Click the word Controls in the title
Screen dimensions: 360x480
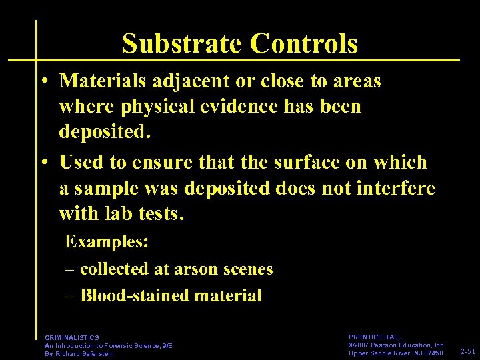click(x=304, y=44)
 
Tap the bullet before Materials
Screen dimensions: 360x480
click(x=43, y=81)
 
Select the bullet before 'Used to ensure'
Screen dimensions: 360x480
click(x=43, y=163)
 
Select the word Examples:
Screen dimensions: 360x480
click(x=107, y=241)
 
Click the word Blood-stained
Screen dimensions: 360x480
click(x=138, y=296)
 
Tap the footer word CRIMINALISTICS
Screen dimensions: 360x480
click(x=72, y=338)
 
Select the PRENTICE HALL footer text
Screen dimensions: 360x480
click(x=375, y=338)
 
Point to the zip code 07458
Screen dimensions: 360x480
click(x=432, y=353)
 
